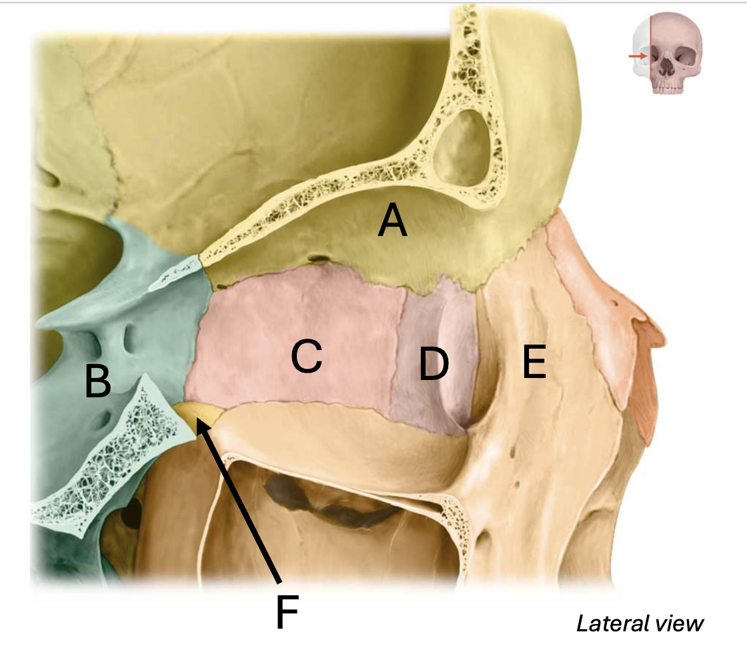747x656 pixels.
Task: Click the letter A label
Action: (393, 219)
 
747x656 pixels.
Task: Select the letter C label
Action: (306, 355)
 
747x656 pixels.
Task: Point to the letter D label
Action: (434, 363)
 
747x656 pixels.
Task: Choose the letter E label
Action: (534, 362)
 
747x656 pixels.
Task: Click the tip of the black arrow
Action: (197, 417)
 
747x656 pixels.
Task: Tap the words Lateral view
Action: (640, 623)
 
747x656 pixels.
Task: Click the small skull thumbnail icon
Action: (666, 53)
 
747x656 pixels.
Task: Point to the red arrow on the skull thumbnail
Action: (638, 56)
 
